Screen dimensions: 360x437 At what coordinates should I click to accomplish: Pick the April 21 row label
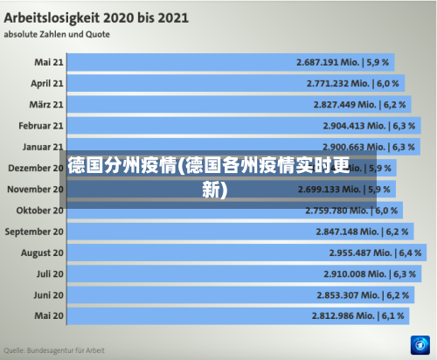click(x=47, y=84)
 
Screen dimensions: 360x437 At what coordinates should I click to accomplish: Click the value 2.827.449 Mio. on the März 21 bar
click(x=345, y=105)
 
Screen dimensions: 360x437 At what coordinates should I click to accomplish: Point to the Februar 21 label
click(x=41, y=126)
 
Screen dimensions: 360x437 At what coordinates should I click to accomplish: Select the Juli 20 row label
click(x=49, y=273)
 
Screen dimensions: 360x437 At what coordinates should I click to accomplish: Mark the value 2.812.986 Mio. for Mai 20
click(x=343, y=315)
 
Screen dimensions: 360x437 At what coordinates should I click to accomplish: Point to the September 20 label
click(x=34, y=232)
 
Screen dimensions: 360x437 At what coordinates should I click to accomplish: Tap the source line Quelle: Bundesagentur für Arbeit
click(x=54, y=350)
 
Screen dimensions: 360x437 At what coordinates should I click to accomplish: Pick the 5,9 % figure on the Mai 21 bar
click(x=379, y=63)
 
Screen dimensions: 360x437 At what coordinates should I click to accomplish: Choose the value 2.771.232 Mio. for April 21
click(x=339, y=84)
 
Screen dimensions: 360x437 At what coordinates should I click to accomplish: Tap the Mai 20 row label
click(x=49, y=315)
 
